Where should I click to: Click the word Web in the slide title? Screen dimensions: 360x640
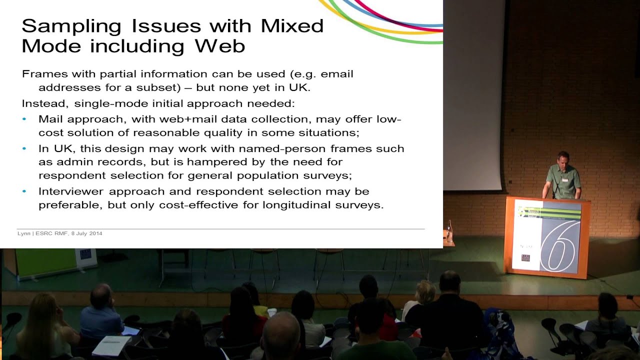220,46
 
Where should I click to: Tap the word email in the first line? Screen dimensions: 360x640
336,74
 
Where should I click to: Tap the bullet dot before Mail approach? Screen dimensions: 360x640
25,119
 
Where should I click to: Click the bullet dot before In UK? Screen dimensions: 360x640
25,148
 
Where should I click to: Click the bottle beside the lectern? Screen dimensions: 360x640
448,232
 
